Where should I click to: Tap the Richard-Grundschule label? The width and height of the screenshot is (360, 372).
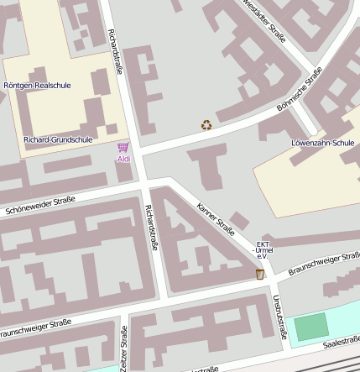coord(59,139)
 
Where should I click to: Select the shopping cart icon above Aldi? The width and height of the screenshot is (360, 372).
coord(123,148)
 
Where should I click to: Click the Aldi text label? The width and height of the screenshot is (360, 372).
coord(123,159)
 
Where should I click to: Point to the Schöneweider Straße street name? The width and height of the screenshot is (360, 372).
coord(39,206)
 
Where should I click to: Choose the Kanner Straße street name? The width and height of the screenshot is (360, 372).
coord(215,217)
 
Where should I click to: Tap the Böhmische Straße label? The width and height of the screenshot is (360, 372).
coord(300,90)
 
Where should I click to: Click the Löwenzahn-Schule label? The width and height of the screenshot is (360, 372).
coord(323,143)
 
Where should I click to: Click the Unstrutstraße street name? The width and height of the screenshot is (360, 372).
coord(279,317)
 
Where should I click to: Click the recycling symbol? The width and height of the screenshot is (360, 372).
coord(206,126)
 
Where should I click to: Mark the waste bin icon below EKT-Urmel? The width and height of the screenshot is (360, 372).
coord(260,274)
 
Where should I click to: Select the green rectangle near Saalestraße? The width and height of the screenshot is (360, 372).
coord(311,327)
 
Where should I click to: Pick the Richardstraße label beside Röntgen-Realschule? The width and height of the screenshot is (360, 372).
coord(115,52)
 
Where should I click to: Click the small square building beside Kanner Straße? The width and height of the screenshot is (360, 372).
coord(239,221)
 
